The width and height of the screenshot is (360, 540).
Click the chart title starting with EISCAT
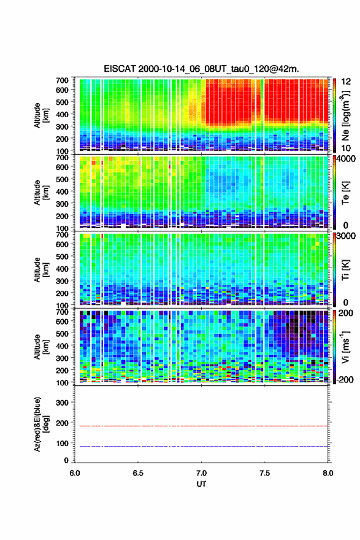tap(201, 69)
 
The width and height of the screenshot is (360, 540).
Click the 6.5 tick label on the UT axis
tap(138, 473)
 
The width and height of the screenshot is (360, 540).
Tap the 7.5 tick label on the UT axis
tap(265, 473)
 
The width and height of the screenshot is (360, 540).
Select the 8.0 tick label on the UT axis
tap(328, 473)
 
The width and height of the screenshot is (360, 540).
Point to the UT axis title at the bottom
tap(201, 484)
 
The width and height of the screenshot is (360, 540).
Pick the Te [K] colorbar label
tap(345, 193)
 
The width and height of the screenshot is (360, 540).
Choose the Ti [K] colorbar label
tap(345, 269)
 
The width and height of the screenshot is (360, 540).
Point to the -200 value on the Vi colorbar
tap(343, 379)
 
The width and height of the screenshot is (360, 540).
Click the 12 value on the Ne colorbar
tap(346, 82)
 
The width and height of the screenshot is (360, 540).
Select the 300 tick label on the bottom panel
tap(62, 403)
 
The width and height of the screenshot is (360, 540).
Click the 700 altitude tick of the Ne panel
tap(62, 80)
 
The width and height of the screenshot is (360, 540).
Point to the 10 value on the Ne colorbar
tap(346, 148)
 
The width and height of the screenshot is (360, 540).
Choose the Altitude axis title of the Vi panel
tap(41, 347)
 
